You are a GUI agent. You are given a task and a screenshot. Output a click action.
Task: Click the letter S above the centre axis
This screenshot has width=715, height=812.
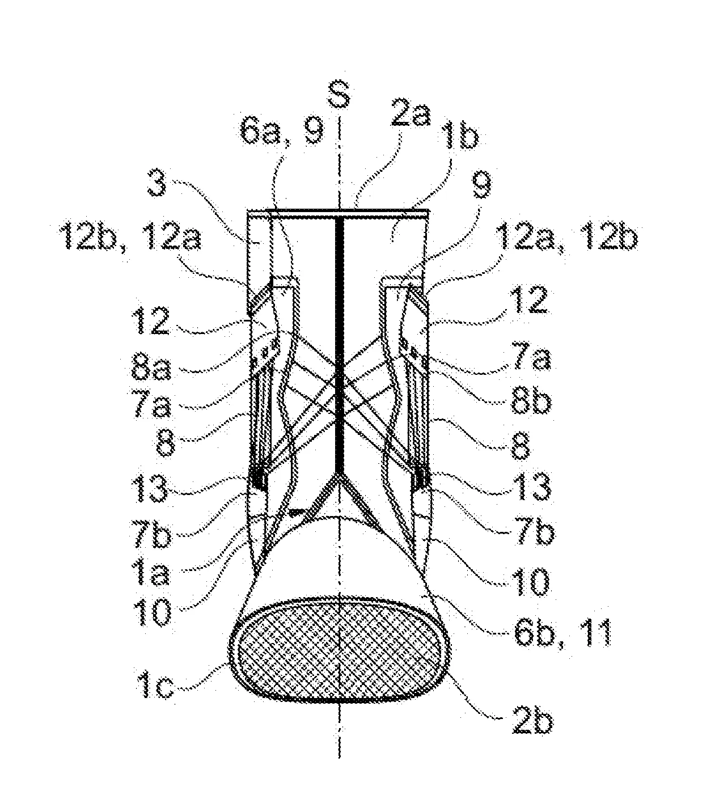pyautogui.click(x=339, y=95)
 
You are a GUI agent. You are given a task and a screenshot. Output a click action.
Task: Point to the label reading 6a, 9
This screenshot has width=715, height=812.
pyautogui.click(x=282, y=131)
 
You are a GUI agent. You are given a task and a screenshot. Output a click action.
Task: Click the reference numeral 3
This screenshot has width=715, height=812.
pyautogui.click(x=158, y=183)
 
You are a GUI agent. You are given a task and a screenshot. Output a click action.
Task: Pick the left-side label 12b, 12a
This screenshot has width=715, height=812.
pyautogui.click(x=130, y=238)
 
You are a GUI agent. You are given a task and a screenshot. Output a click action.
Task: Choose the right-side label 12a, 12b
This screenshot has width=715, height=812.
pyautogui.click(x=566, y=237)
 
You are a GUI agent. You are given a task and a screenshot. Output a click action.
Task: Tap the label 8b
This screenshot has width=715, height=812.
pyautogui.click(x=531, y=401)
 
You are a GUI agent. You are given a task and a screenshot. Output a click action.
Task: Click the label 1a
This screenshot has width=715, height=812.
pyautogui.click(x=151, y=573)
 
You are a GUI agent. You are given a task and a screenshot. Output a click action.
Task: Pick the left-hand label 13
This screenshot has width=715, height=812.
pyautogui.click(x=149, y=488)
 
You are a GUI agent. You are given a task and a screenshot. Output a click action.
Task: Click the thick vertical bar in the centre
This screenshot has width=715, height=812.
pyautogui.click(x=340, y=344)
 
